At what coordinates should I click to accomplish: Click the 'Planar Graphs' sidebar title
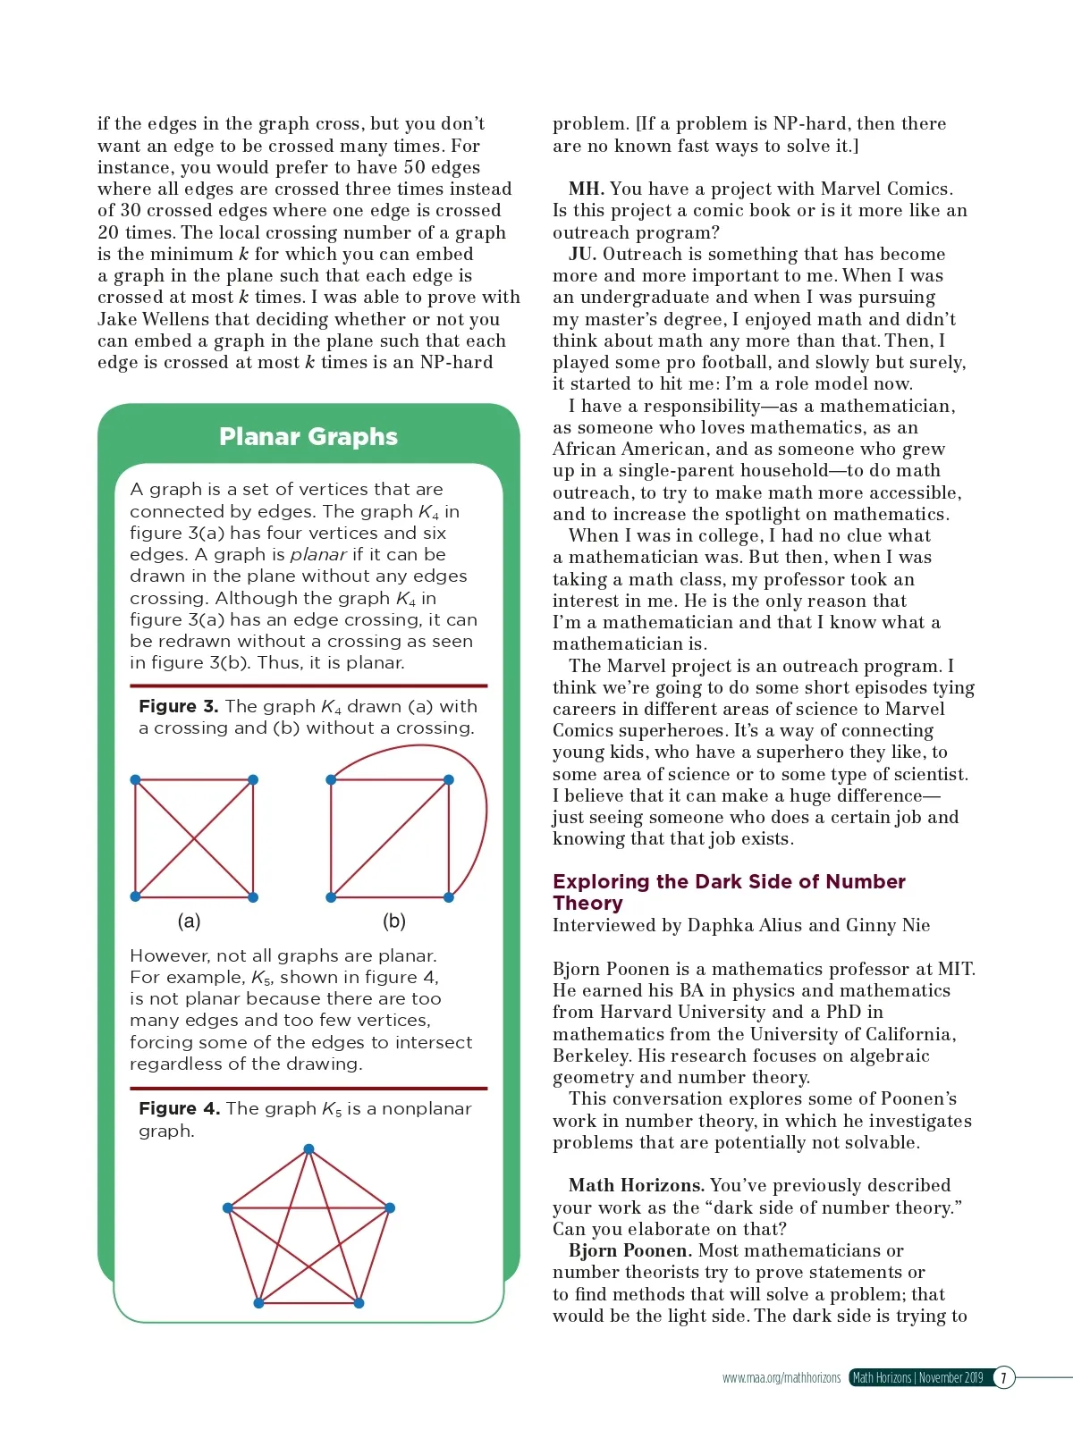(x=308, y=436)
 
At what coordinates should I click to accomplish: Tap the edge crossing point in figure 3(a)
(x=194, y=838)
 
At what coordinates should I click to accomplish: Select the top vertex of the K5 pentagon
(x=308, y=1149)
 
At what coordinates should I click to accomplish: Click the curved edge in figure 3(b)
(x=484, y=804)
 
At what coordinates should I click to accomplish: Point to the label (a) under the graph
(x=189, y=921)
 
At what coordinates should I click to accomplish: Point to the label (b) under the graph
(x=394, y=921)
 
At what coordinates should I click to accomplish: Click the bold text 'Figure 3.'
(x=178, y=706)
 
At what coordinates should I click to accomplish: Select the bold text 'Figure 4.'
(x=179, y=1108)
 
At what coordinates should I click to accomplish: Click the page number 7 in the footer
(x=1003, y=1377)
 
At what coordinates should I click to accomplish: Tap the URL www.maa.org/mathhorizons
(x=782, y=1377)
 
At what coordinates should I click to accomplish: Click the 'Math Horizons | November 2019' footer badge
(x=918, y=1377)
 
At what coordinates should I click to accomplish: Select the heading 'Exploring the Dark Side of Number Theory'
(x=729, y=892)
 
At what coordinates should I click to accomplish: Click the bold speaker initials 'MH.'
(x=587, y=189)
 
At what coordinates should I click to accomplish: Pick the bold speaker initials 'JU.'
(x=583, y=254)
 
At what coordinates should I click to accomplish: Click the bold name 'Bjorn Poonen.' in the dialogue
(x=629, y=1250)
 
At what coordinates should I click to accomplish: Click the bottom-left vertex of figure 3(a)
(x=136, y=896)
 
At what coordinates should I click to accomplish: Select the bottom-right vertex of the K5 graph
(x=359, y=1303)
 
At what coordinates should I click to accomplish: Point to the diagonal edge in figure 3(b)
(x=390, y=838)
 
